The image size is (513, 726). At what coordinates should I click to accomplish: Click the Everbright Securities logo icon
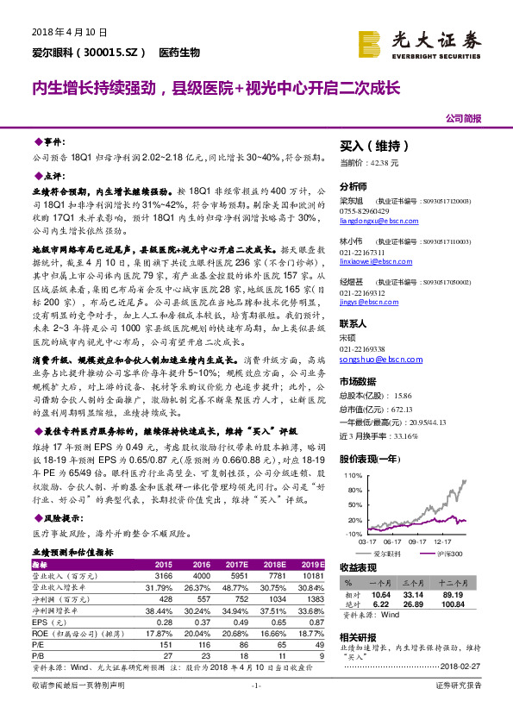pos(369,42)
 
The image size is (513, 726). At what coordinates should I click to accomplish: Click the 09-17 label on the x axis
pos(418,541)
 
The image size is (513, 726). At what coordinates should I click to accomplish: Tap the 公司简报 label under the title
pos(463,118)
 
